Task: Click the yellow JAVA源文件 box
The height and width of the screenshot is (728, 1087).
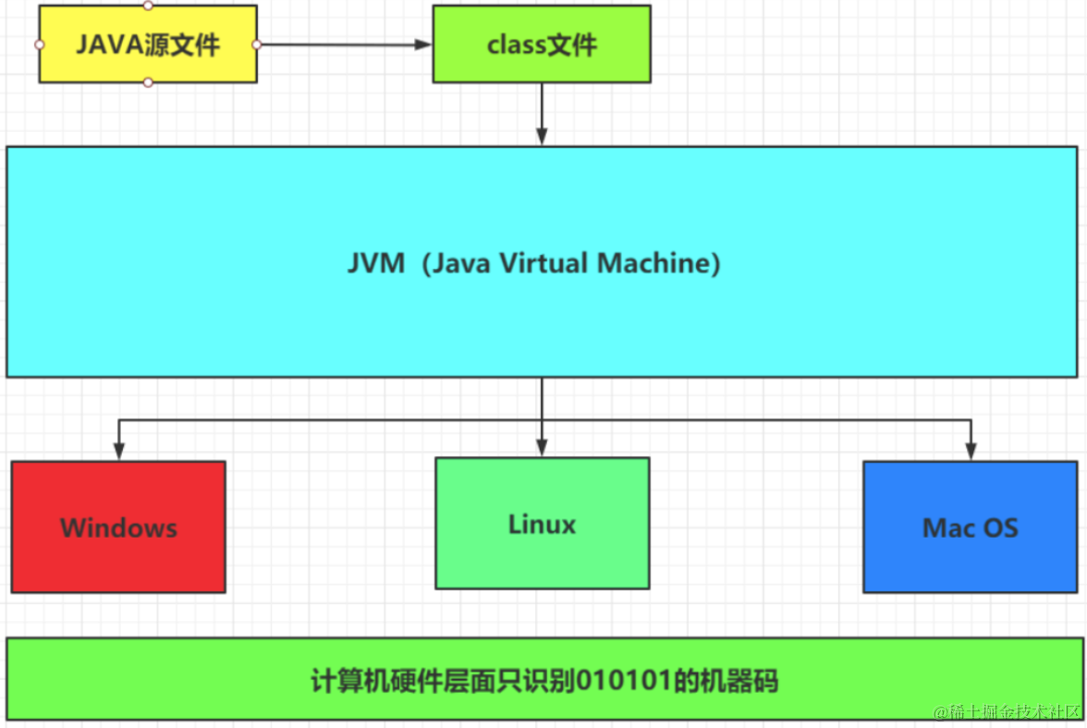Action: (x=148, y=44)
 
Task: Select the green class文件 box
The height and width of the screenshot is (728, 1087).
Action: (x=542, y=44)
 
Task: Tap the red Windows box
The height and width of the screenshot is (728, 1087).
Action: (x=118, y=528)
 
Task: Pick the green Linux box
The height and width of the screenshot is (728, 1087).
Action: (x=542, y=524)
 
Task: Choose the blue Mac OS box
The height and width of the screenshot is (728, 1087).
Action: (x=970, y=528)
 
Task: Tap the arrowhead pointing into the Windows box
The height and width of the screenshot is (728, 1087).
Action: (x=118, y=451)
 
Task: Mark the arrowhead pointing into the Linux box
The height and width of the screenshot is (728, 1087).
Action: (x=542, y=447)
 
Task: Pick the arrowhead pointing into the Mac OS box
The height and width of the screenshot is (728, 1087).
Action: (x=970, y=451)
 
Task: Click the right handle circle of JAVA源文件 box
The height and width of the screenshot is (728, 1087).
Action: (x=256, y=44)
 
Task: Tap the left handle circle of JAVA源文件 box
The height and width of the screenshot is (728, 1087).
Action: (x=39, y=44)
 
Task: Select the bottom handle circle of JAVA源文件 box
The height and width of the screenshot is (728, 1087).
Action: (x=148, y=82)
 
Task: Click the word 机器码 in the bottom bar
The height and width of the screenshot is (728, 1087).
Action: (x=750, y=682)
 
